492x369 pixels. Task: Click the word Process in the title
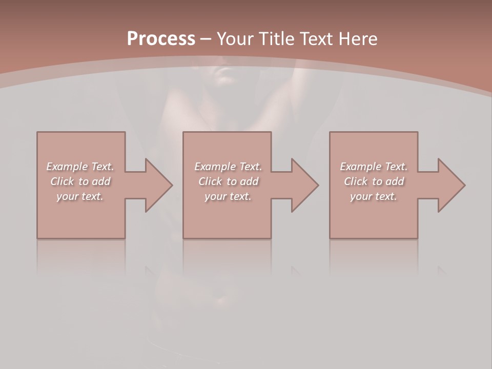point(161,39)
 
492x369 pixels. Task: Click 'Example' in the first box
point(67,167)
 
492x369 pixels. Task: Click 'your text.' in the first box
point(80,196)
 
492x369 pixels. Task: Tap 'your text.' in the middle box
point(228,196)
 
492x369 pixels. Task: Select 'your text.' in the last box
point(374,196)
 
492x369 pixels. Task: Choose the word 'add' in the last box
point(395,181)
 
